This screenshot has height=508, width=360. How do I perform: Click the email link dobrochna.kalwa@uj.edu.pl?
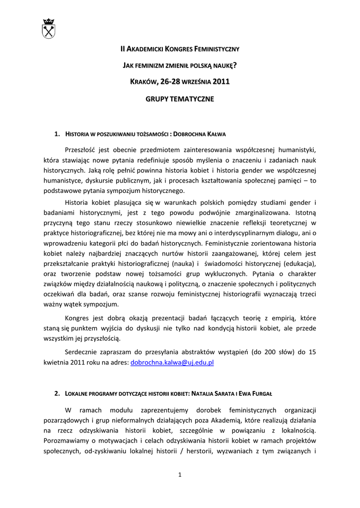(172, 363)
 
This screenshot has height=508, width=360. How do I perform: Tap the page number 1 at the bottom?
(180, 475)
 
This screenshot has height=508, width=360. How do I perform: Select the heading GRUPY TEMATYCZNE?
(180, 99)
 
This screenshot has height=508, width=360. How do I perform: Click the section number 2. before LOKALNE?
(57, 393)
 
